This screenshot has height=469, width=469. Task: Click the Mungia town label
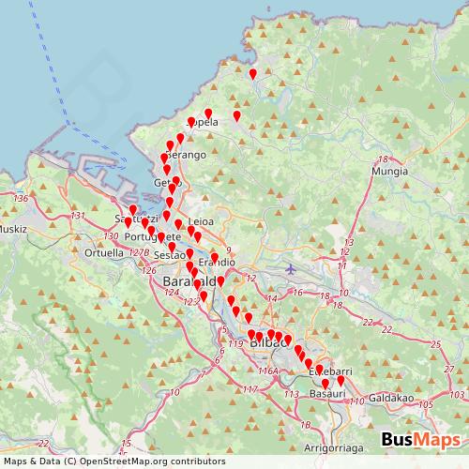tap(388, 173)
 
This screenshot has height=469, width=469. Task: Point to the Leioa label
tap(202, 221)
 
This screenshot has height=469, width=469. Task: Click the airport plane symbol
tap(290, 269)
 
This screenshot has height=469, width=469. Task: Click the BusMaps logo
tap(421, 441)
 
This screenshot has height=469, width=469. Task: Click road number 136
tap(22, 198)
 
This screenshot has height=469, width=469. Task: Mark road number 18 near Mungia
tap(383, 159)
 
